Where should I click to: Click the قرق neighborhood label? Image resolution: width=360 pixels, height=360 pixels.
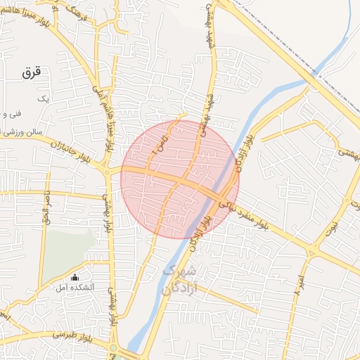tap(32, 72)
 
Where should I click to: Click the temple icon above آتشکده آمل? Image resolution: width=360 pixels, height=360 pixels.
tap(75, 276)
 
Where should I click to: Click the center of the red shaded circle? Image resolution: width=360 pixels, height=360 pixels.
tap(180, 179)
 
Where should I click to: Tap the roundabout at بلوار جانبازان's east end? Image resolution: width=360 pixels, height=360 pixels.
tap(106, 171)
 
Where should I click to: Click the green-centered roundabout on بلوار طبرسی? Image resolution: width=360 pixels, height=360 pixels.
tap(112, 347)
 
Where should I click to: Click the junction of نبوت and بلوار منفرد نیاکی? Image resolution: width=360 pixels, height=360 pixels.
tap(312, 252)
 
